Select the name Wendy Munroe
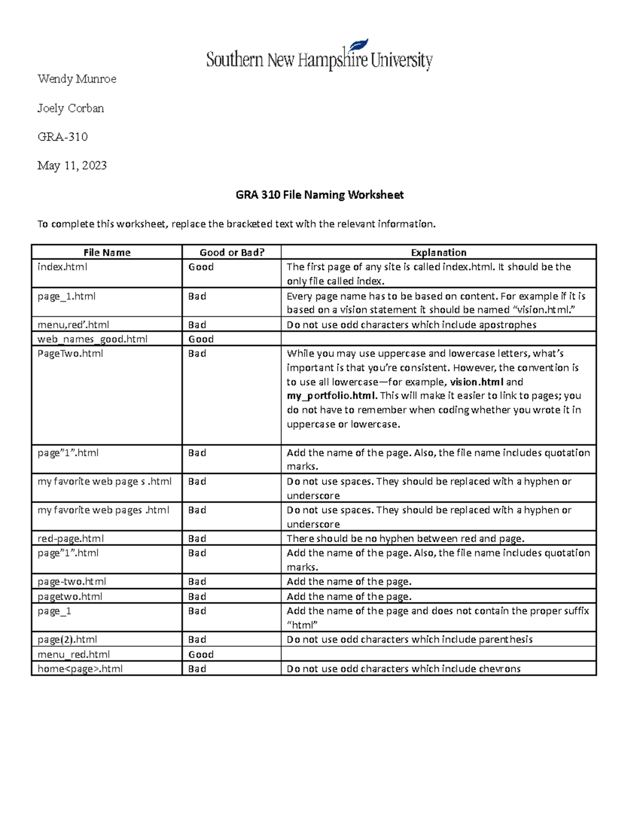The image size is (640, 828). pos(77,79)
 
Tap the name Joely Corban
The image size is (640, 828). pos(70,108)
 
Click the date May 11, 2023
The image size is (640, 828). pos(72,165)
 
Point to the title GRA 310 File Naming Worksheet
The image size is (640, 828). pos(319,195)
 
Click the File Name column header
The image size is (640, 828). pos(107,252)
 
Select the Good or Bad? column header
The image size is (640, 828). pos(232,252)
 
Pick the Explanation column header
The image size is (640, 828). pos(438,252)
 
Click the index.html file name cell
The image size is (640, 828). pos(62,267)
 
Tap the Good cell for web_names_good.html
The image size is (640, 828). pos(201,339)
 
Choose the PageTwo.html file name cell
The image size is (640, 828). pos(70,353)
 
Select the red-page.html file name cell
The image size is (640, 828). pos(71,538)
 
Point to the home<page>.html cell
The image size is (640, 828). pos(80,669)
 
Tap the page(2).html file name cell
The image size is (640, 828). pos(67,639)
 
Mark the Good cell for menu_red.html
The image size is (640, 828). pos(201,654)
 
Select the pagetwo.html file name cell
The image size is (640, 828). pos(70,596)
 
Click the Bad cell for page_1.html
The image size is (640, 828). pos(197,296)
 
